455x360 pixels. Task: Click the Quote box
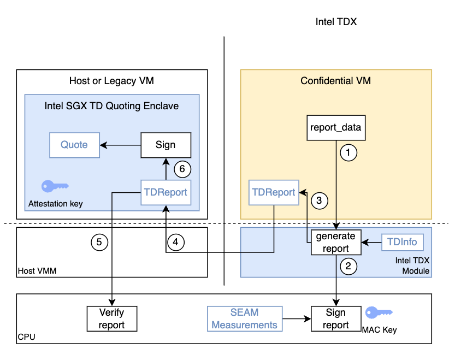[74, 145]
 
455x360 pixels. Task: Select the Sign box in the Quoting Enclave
[166, 145]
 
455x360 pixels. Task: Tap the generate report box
[336, 243]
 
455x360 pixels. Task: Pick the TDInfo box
[402, 241]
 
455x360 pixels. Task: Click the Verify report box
[112, 318]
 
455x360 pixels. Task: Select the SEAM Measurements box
[244, 318]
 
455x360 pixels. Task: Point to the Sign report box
[336, 318]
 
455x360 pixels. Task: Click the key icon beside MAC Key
[379, 312]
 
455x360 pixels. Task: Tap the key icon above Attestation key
[55, 186]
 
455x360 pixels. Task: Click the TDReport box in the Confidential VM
[273, 192]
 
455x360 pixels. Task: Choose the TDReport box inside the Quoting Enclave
[166, 192]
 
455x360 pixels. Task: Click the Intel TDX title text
[339, 22]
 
